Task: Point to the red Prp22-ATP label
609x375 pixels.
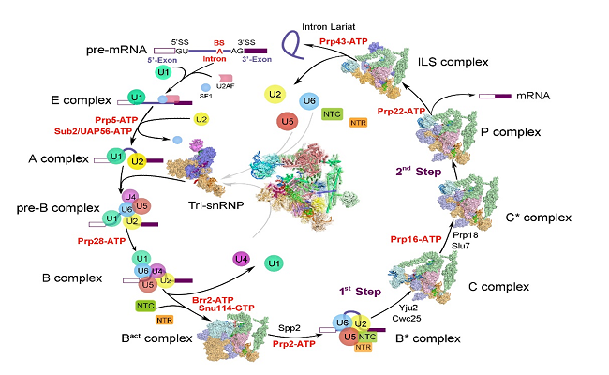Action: pyautogui.click(x=405, y=112)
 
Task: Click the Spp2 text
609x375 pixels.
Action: pyautogui.click(x=291, y=327)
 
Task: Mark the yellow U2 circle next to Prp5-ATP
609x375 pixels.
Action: pyautogui.click(x=201, y=120)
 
